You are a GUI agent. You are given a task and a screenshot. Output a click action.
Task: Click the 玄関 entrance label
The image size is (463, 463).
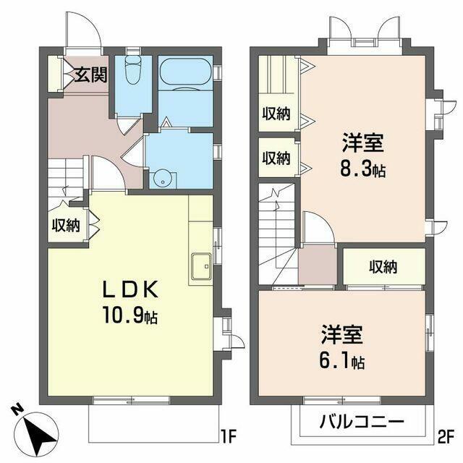click(90, 75)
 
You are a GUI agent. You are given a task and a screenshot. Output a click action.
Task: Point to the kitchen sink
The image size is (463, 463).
click(201, 266)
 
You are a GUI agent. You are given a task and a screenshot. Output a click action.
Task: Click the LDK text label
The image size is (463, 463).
click(130, 289)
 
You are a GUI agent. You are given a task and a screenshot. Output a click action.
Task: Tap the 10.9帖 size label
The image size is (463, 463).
click(130, 315)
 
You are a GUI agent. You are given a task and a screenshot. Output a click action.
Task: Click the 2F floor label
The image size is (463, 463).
click(446, 438)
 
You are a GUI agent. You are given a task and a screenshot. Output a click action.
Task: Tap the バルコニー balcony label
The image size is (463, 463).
click(362, 421)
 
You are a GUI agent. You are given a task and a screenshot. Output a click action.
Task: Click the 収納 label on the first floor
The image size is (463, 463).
click(66, 226)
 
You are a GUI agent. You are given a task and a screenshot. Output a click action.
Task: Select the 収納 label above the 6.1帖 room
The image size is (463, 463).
click(383, 267)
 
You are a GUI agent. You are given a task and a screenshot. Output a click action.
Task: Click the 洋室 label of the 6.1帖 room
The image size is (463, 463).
click(342, 334)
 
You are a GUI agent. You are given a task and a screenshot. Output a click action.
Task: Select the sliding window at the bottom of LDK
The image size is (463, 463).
click(132, 194)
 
